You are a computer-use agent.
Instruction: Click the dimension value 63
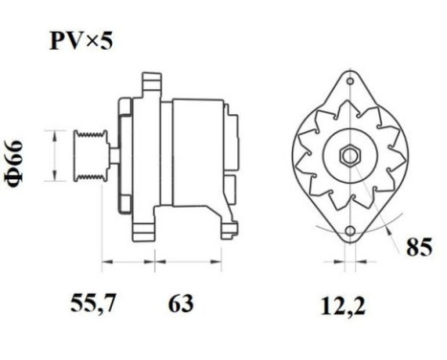pyautogui.click(x=180, y=305)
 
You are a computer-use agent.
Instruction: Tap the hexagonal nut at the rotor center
pyautogui.click(x=346, y=154)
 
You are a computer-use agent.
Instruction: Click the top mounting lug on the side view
pyautogui.click(x=150, y=83)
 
